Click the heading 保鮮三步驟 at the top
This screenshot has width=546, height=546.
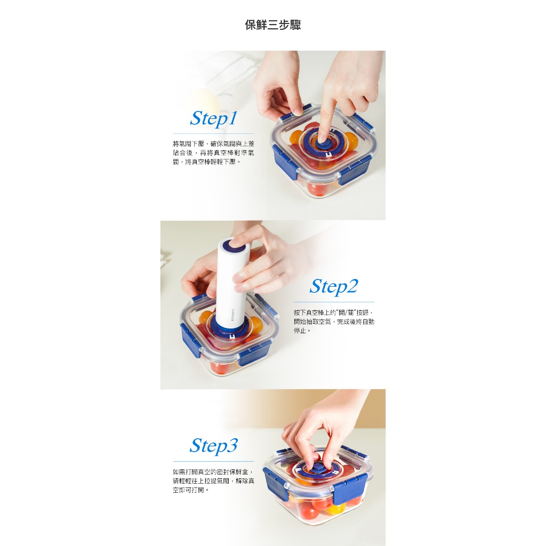pyautogui.click(x=272, y=25)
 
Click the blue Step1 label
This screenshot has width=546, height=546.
pyautogui.click(x=213, y=118)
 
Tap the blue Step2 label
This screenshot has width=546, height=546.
pyautogui.click(x=334, y=286)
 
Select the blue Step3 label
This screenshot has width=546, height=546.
pyautogui.click(x=213, y=446)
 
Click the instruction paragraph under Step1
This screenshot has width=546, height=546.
pyautogui.click(x=213, y=153)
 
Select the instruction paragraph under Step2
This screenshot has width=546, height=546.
pyautogui.click(x=334, y=322)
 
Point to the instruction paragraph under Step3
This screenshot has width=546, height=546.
pyautogui.click(x=213, y=481)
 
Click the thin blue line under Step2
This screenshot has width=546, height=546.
pyautogui.click(x=334, y=302)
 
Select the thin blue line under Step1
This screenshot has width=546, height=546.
pyautogui.click(x=213, y=133)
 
